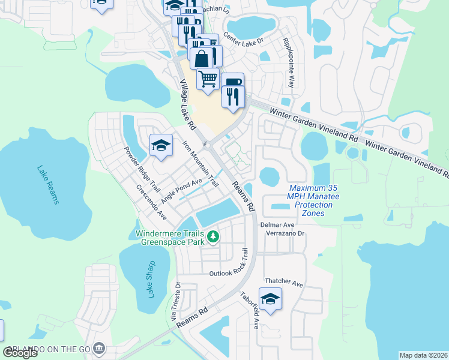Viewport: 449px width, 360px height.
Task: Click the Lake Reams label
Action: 48,185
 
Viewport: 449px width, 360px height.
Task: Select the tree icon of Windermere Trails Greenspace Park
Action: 213,238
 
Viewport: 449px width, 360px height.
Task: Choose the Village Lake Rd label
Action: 187,105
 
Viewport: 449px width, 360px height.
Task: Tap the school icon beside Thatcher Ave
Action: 270,298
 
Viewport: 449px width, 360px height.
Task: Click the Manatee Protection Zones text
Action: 309,205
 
